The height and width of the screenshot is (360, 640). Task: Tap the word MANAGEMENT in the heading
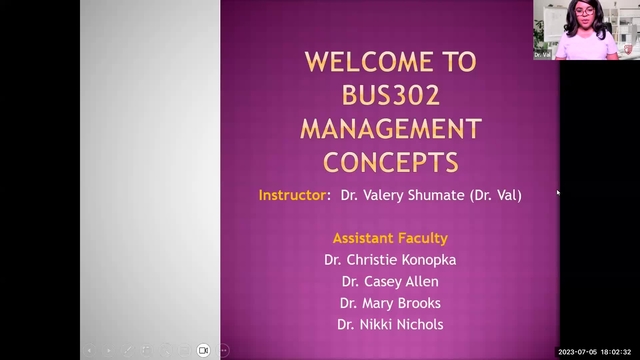pos(390,128)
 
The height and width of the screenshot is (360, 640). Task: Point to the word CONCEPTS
pos(390,161)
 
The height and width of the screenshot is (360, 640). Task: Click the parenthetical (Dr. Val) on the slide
pos(495,195)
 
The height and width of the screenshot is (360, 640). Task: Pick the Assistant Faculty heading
pos(389,238)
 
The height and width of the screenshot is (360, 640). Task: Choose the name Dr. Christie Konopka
pos(389,259)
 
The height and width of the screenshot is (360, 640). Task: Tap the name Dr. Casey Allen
pos(389,281)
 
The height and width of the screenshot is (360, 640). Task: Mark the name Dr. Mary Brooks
pos(389,303)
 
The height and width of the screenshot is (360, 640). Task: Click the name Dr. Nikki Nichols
pos(389,324)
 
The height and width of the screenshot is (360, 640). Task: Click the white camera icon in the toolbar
pos(203,350)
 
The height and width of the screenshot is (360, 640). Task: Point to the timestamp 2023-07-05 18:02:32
pos(596,352)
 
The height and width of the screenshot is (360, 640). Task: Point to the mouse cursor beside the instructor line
pos(558,192)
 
